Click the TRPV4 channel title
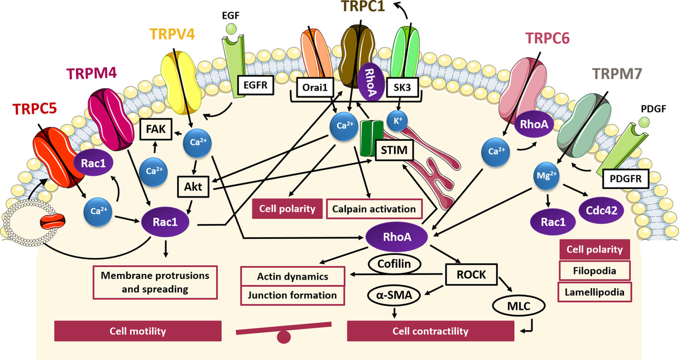point(172,34)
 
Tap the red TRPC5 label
point(35,109)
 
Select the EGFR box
point(255,85)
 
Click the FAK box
point(156,129)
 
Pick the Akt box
point(193,187)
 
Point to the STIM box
point(394,150)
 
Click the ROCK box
point(471,275)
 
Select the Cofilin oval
point(394,264)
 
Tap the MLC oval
point(519,306)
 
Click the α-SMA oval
point(394,295)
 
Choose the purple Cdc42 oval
point(601,211)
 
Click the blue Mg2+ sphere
point(547,176)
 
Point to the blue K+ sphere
point(397,121)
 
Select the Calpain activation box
point(374,209)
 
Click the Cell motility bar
point(138,331)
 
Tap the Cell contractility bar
point(431,331)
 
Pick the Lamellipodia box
point(595,292)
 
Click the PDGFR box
point(625,179)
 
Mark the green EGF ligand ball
point(231,29)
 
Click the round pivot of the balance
point(283,337)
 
